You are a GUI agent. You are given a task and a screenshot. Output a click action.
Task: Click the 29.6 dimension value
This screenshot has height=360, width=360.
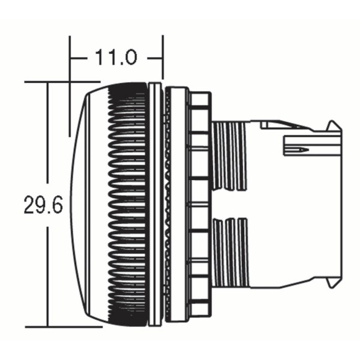(43, 205)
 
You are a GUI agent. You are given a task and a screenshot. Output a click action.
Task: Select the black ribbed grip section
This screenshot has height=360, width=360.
(127, 204)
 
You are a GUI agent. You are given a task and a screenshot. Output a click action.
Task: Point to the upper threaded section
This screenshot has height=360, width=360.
(229, 155)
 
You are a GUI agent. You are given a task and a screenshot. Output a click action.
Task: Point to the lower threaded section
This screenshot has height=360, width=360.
(229, 252)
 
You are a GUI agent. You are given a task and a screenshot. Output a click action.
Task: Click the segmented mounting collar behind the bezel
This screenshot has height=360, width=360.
(198, 204)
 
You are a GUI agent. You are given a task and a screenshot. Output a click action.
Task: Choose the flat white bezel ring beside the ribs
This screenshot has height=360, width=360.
(155, 204)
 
